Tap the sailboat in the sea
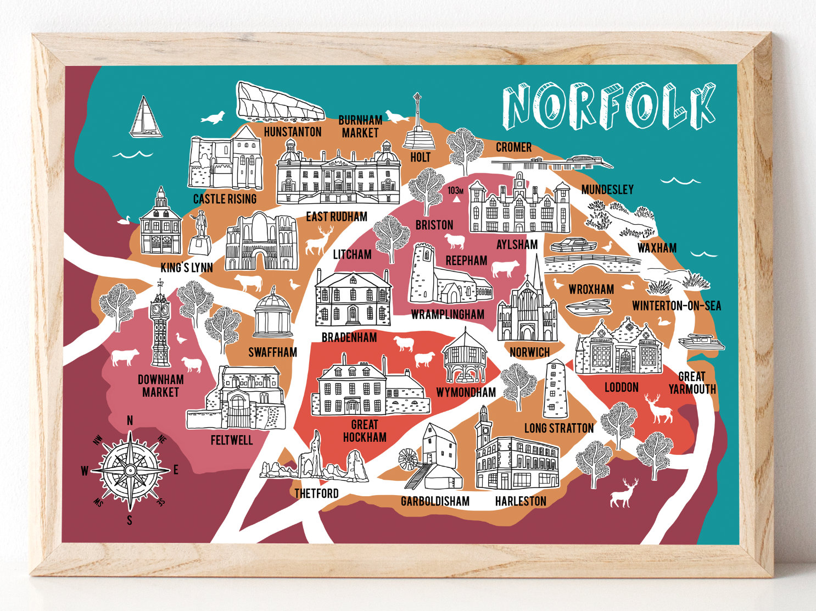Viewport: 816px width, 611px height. coord(146,118)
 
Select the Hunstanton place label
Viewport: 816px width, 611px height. coord(293,132)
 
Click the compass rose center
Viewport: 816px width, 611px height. coord(130,470)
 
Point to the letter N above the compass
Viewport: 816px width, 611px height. coord(130,421)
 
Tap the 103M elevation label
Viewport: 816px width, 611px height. coord(456,191)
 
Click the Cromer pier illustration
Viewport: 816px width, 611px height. coord(552,162)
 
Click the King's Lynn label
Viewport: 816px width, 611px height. coord(187,268)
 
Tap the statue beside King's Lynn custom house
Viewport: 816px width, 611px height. coord(200,234)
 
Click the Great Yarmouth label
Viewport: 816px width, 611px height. coord(692,383)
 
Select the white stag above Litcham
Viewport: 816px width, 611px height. coord(317,241)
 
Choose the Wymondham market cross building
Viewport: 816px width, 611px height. coord(465,357)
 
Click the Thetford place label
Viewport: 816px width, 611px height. coord(316,493)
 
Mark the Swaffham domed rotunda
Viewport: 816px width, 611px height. coord(273,315)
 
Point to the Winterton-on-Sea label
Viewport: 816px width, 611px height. coord(677,305)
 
